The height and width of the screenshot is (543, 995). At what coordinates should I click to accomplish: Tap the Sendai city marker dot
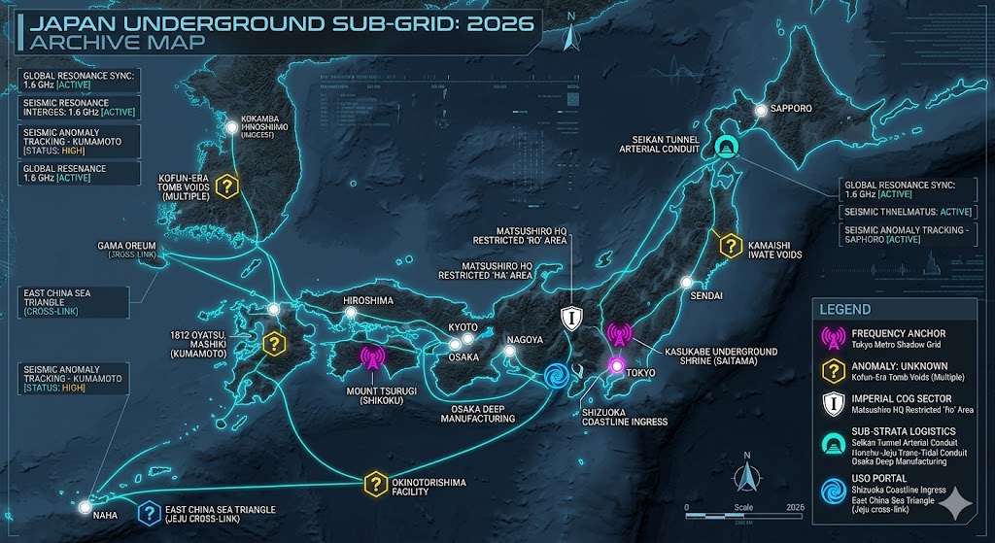[686, 283]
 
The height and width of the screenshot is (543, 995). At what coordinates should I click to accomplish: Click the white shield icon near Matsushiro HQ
[571, 316]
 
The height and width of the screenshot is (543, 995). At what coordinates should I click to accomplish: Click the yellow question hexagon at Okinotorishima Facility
[375, 483]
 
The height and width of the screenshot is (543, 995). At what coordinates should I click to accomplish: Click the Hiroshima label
[368, 301]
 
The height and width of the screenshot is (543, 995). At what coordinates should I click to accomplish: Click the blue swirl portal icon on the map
[557, 376]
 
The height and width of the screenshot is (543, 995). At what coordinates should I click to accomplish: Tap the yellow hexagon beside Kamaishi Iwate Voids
[727, 245]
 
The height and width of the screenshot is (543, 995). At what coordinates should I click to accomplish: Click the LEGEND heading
[845, 310]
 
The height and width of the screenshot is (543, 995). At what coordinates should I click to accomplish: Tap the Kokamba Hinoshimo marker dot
[232, 126]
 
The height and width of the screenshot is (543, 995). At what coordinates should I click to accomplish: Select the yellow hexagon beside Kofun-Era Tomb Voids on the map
[228, 186]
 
